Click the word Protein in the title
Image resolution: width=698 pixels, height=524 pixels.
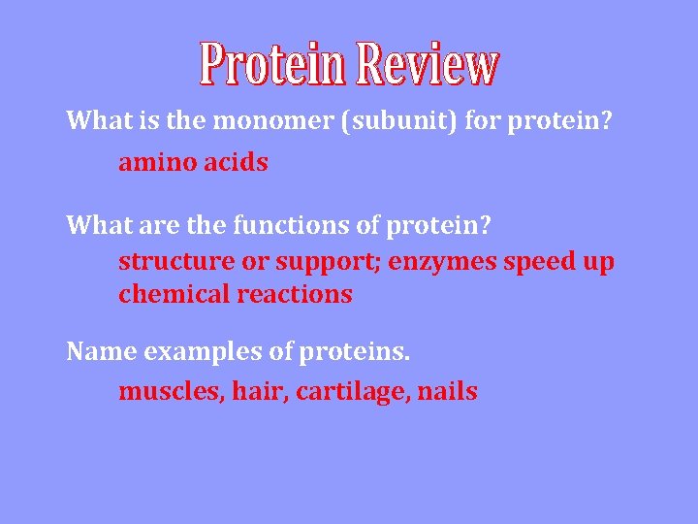pyautogui.click(x=273, y=63)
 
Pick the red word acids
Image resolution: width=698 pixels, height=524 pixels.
pyautogui.click(x=236, y=163)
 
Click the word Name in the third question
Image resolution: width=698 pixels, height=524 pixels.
pyautogui.click(x=101, y=351)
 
